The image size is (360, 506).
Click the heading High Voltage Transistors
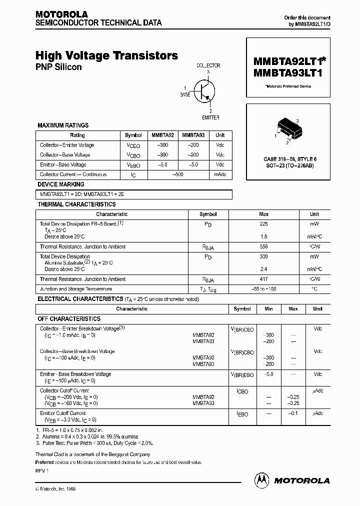[106, 56]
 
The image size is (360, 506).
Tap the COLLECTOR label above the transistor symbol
[208, 65]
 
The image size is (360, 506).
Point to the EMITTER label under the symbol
[210, 117]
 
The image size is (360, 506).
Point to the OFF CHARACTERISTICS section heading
[69, 318]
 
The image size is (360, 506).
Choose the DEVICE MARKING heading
[58, 184]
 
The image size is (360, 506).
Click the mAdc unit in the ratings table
[220, 174]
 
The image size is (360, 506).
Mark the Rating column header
[77, 135]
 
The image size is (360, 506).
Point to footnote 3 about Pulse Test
[95, 443]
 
